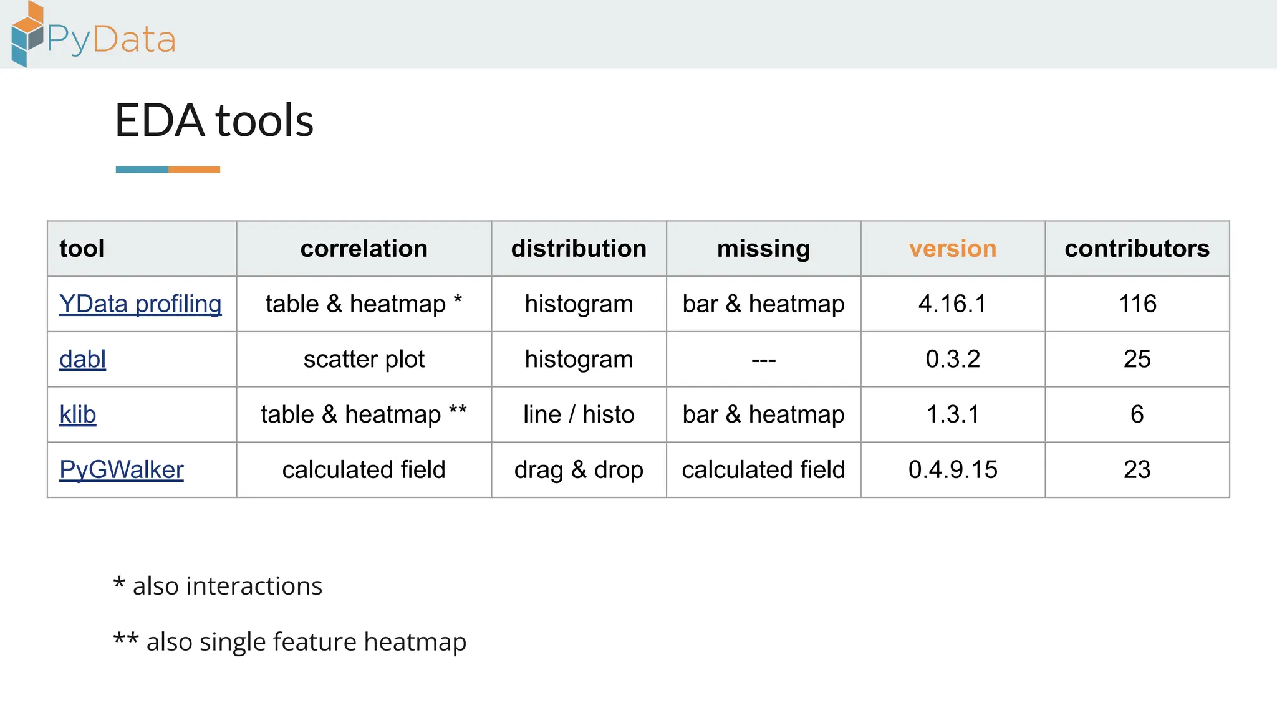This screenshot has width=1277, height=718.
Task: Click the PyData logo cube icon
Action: [x=27, y=35]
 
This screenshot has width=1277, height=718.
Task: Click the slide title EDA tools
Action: [x=214, y=120]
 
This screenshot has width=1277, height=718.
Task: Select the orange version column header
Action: [x=952, y=249]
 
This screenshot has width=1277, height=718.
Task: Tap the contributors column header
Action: [x=1137, y=249]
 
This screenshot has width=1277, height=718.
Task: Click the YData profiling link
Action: [x=140, y=304]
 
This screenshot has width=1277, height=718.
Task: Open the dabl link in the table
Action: [x=82, y=360]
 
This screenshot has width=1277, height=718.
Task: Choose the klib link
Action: [x=77, y=414]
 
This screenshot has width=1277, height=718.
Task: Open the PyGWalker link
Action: [x=122, y=470]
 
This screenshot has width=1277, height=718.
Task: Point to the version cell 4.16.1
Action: [x=952, y=304]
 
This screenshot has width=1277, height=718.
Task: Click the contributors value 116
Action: [x=1137, y=304]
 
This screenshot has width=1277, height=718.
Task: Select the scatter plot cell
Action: [x=364, y=360]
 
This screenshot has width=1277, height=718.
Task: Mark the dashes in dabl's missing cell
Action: [x=763, y=360]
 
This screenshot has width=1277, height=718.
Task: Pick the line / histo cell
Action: [x=579, y=414]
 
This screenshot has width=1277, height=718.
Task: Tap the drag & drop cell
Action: [x=579, y=470]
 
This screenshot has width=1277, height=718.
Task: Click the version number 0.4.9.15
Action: [x=952, y=470]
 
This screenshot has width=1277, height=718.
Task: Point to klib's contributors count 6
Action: [x=1137, y=414]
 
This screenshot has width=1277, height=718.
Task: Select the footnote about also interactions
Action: [x=218, y=586]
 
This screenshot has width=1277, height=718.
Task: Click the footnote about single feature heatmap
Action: [x=290, y=642]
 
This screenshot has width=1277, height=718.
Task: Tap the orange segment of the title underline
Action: [x=194, y=170]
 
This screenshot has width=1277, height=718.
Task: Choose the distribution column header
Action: [x=579, y=249]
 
